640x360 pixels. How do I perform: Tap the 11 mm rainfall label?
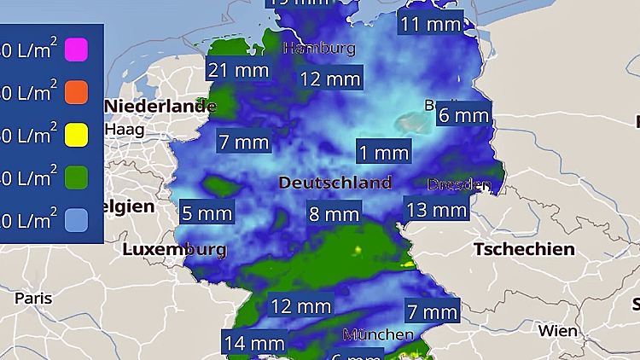pyautogui.click(x=431, y=24)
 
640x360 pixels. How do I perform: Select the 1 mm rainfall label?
pyautogui.click(x=383, y=153)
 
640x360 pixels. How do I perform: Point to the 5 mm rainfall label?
pyautogui.click(x=207, y=213)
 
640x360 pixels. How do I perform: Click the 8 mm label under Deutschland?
pyautogui.click(x=334, y=213)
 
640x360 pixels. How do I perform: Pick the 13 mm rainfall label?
pyautogui.click(x=436, y=209)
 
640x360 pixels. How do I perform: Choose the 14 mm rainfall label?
pyautogui.click(x=253, y=344)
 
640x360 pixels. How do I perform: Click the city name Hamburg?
pyautogui.click(x=318, y=49)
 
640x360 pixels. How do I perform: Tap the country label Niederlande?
pyautogui.click(x=160, y=107)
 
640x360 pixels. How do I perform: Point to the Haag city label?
pyautogui.click(x=124, y=130)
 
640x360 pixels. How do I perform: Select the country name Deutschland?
pyautogui.click(x=335, y=183)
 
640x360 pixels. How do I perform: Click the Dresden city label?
pyautogui.click(x=459, y=184)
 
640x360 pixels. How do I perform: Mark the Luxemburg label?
pyautogui.click(x=174, y=250)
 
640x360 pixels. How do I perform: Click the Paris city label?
pyautogui.click(x=33, y=299)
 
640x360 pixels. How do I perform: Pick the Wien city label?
pyautogui.click(x=557, y=330)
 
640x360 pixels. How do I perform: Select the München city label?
pyautogui.click(x=377, y=334)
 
